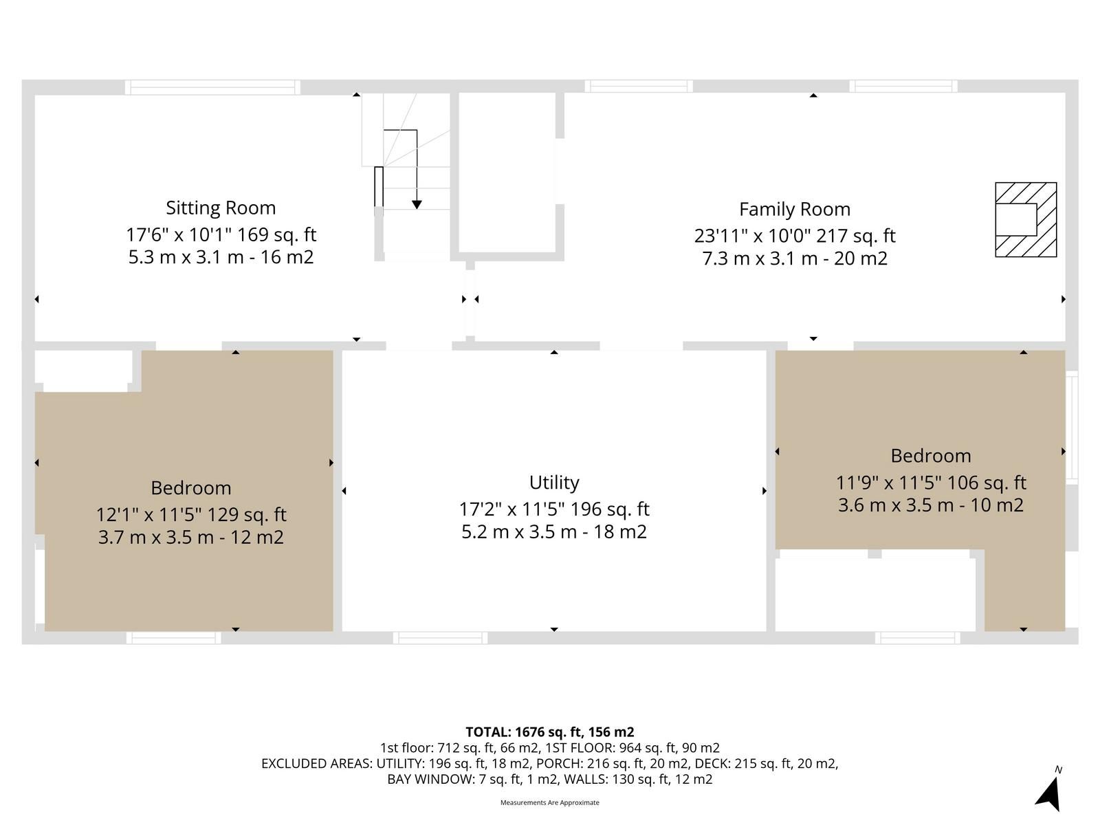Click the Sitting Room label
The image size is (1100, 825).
click(221, 208)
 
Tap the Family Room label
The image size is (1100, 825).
click(795, 210)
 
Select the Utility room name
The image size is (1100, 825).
click(554, 483)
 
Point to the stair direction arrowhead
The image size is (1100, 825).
click(417, 204)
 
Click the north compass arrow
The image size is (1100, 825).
click(1049, 794)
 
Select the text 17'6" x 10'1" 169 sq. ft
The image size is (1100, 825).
click(221, 234)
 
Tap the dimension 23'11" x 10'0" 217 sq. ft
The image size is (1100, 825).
click(795, 235)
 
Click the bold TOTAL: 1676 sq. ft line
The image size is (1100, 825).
click(550, 731)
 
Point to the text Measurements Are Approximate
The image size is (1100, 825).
click(550, 802)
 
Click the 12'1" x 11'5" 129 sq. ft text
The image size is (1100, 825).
click(191, 514)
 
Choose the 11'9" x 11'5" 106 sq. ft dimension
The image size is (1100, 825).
click(931, 483)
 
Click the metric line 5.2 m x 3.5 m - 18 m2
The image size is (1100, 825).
click(554, 531)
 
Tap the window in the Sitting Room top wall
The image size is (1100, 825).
click(212, 87)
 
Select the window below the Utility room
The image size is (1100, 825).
click(440, 638)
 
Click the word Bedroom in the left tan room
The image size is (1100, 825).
click(191, 488)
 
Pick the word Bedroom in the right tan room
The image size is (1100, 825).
click(931, 456)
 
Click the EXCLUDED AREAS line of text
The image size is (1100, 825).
click(550, 763)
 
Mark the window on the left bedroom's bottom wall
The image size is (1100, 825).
click(173, 638)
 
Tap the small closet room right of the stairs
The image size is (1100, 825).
click(507, 173)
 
